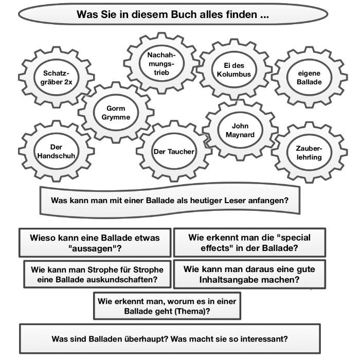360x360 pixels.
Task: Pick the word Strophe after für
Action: coord(148,269)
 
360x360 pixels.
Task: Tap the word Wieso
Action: coord(42,238)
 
